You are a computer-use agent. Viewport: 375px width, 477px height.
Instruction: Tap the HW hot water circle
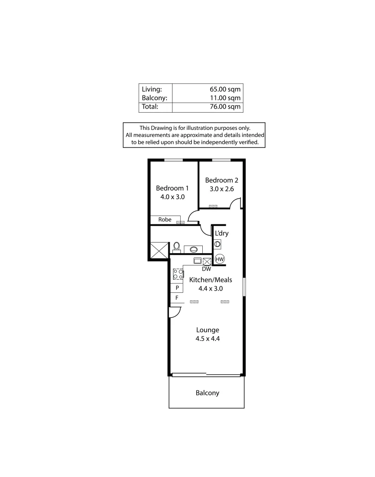click(x=220, y=259)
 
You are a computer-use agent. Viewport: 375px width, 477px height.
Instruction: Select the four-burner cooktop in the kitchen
click(x=178, y=274)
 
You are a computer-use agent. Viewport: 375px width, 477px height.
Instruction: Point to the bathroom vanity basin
click(x=193, y=249)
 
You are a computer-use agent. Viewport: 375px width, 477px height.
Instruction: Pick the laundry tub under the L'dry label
click(x=217, y=244)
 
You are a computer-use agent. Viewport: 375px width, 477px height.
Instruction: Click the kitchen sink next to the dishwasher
click(x=197, y=260)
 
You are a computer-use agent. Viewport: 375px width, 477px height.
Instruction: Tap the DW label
click(x=206, y=269)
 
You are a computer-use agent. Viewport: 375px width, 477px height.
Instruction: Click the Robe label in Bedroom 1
click(x=165, y=220)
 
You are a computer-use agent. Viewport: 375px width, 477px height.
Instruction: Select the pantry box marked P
click(x=177, y=288)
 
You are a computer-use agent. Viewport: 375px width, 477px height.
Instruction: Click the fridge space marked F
click(x=177, y=298)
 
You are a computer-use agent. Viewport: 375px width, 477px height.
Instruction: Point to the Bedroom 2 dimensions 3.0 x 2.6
click(x=221, y=189)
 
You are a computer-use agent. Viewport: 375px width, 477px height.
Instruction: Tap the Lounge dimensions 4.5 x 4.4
click(x=208, y=339)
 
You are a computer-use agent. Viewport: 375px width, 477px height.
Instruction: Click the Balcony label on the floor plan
click(x=207, y=393)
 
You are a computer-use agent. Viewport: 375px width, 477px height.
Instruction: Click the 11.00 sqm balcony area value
click(x=226, y=98)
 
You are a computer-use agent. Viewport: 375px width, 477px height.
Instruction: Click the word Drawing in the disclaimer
click(x=162, y=128)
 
